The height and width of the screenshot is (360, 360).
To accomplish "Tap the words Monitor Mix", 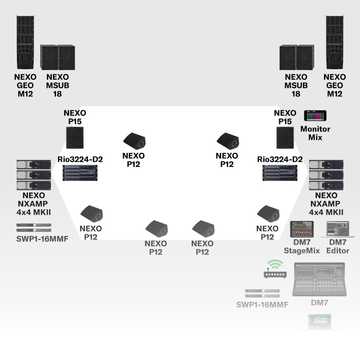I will (x=315, y=133).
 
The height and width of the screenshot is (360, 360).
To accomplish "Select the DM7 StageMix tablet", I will (x=302, y=229).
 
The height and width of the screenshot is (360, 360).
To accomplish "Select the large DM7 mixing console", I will (x=319, y=279).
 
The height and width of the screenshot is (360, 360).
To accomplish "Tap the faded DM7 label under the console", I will (x=319, y=303).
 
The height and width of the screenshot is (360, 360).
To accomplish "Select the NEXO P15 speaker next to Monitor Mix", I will (x=285, y=137).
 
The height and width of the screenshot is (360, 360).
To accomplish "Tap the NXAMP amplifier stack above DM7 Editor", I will (x=326, y=174).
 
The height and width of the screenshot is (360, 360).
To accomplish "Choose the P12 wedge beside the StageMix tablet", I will (x=269, y=214).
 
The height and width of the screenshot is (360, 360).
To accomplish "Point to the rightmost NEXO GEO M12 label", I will (x=335, y=86).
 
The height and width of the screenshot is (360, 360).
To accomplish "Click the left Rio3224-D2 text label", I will (x=80, y=159).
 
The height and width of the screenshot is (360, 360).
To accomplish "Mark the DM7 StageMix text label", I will (x=302, y=246).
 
